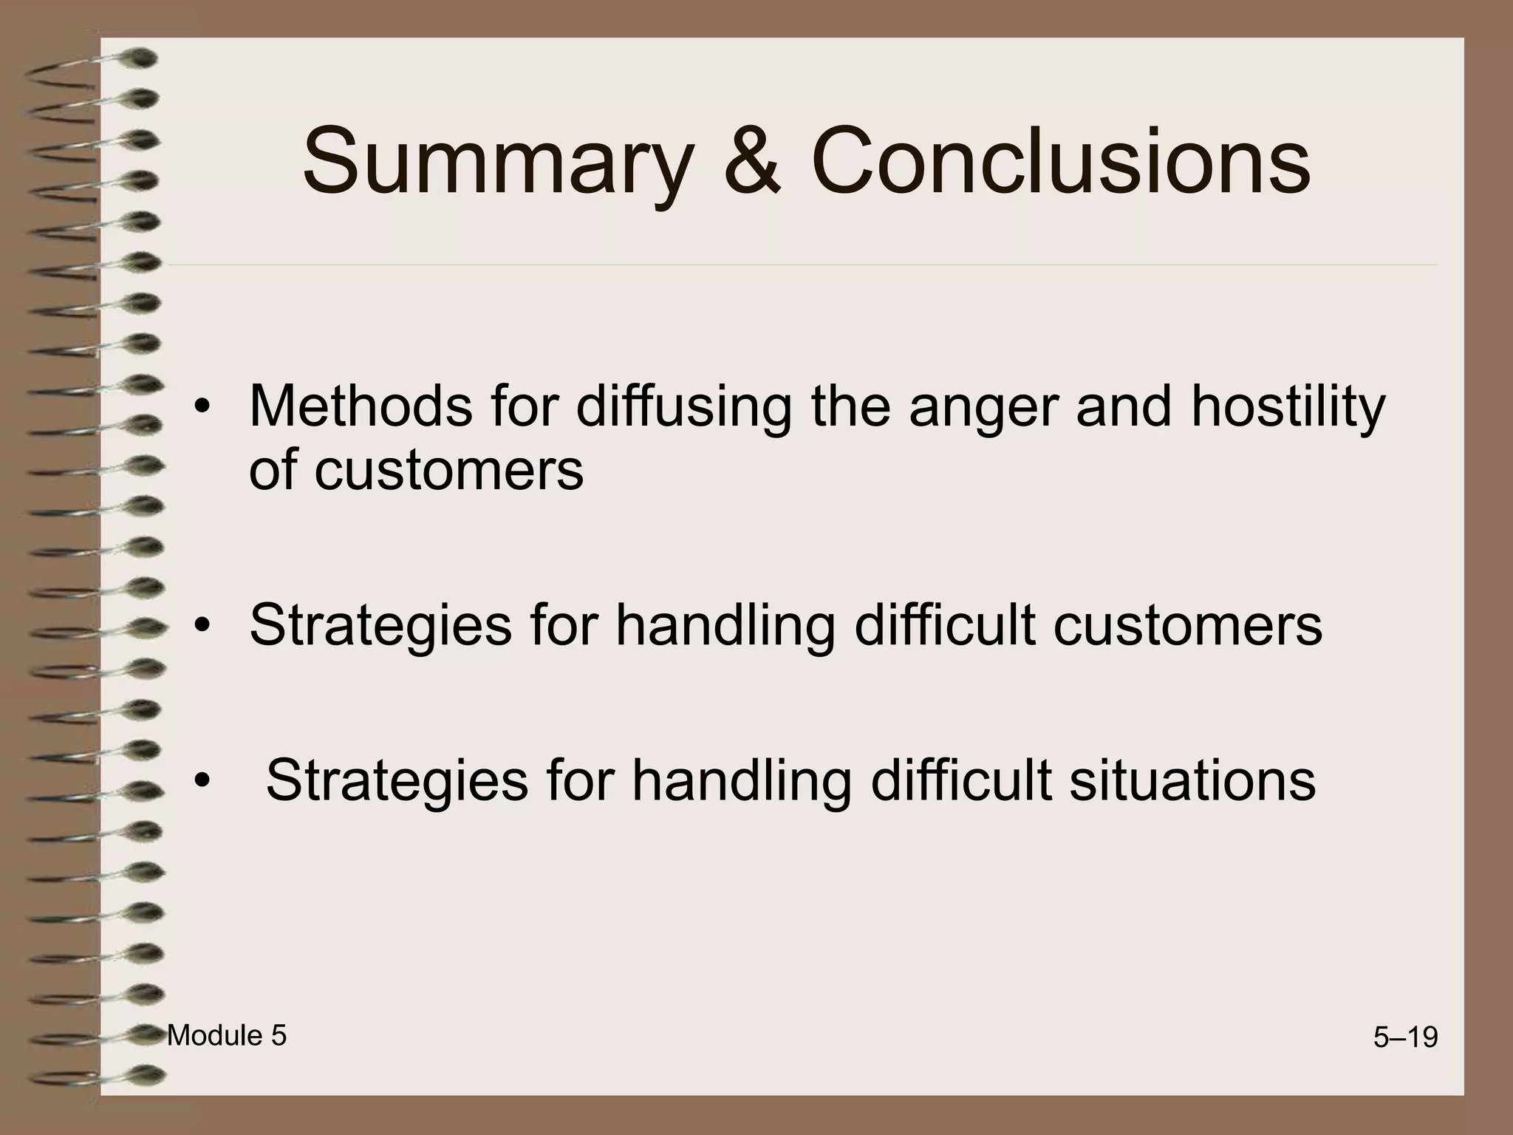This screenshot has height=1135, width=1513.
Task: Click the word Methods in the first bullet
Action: (x=360, y=406)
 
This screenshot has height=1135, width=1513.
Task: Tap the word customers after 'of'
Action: (x=448, y=470)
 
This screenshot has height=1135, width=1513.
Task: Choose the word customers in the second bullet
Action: (x=1187, y=625)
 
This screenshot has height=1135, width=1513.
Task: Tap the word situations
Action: (x=1192, y=780)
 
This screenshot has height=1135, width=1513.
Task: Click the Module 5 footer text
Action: (x=227, y=1036)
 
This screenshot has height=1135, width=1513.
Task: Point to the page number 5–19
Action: (x=1405, y=1038)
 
